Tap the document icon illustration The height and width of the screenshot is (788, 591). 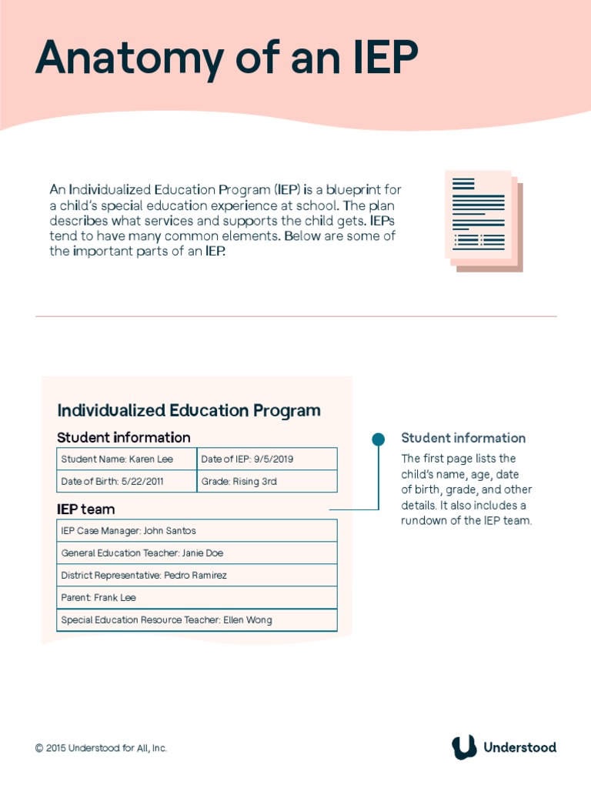pyautogui.click(x=482, y=219)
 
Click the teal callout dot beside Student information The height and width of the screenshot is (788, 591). pyautogui.click(x=378, y=439)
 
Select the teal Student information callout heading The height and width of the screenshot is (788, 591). pyautogui.click(x=463, y=438)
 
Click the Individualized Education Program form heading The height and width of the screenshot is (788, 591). pyautogui.click(x=189, y=410)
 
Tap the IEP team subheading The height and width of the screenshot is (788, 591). pyautogui.click(x=85, y=509)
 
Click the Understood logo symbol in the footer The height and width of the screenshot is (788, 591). pyautogui.click(x=463, y=747)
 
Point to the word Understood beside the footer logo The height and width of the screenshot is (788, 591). pyautogui.click(x=519, y=747)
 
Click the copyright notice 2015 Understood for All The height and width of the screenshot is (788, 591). pyautogui.click(x=101, y=748)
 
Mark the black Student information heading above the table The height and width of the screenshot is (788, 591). pyautogui.click(x=123, y=437)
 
